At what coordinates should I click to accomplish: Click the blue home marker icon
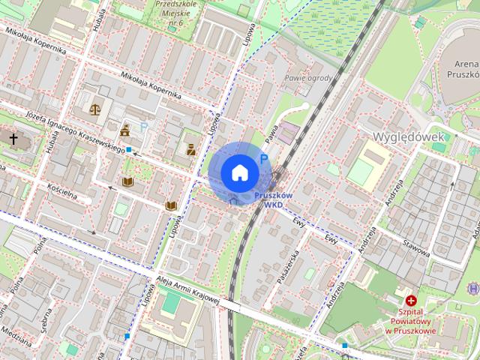tap(238, 172)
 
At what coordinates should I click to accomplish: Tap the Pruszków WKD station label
tap(272, 199)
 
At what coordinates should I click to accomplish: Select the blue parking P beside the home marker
tap(263, 158)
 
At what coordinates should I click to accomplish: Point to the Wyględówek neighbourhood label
tap(409, 136)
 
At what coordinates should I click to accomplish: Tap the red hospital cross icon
tap(410, 300)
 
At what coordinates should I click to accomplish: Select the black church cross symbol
tap(13, 139)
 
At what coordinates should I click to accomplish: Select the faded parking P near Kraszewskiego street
tap(144, 127)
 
